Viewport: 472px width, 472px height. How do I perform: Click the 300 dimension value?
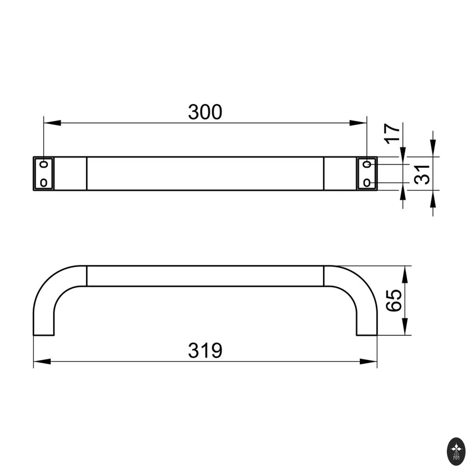[x=205, y=112]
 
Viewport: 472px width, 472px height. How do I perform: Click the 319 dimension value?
[x=205, y=350]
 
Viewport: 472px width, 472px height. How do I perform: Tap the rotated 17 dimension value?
[x=392, y=134]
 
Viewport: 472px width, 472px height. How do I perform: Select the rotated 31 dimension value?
[x=422, y=175]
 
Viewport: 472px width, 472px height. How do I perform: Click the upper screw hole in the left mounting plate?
[x=44, y=164]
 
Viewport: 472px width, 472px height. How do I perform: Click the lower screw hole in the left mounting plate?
[x=44, y=183]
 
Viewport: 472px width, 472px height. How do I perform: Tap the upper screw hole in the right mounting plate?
[x=367, y=164]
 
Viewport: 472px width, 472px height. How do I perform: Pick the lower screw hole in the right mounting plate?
[x=367, y=183]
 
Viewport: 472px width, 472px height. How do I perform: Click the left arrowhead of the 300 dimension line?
[x=52, y=123]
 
